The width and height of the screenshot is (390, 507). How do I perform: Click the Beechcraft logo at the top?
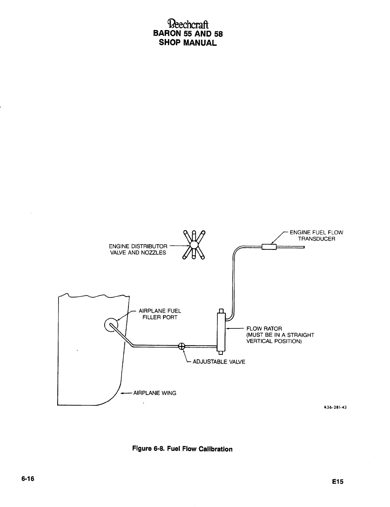(188, 25)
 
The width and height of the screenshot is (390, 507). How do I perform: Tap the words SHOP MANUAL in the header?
(188, 43)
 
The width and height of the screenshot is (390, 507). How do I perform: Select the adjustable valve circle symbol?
(182, 346)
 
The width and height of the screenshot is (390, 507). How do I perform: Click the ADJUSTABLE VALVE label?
(219, 362)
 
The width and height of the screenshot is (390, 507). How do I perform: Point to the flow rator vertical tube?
(221, 332)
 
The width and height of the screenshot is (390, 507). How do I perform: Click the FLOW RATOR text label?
(264, 329)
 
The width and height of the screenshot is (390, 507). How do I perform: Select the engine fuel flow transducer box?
(269, 247)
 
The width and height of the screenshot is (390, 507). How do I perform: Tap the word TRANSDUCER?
(316, 239)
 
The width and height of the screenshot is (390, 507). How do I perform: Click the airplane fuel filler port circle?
(111, 325)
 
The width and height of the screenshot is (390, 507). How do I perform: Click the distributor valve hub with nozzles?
(194, 245)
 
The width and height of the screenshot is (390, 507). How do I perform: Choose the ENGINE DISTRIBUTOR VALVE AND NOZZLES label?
(138, 249)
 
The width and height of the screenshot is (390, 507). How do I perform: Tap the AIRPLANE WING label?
(154, 393)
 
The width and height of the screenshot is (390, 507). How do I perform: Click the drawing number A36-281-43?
(335, 407)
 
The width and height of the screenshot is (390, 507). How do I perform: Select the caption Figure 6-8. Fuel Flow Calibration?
(183, 449)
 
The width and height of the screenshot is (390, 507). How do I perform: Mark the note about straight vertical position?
(280, 338)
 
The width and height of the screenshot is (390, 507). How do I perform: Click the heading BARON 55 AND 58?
(188, 34)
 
